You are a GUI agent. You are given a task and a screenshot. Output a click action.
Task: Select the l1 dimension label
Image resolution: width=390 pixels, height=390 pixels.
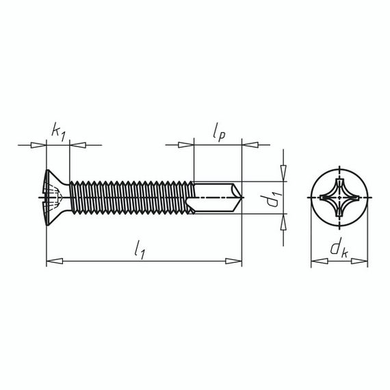[140, 250]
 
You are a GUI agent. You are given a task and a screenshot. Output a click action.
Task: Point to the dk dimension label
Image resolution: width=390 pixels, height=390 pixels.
[339, 250]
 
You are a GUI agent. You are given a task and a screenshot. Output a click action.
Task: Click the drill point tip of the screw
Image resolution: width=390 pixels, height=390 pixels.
[242, 198]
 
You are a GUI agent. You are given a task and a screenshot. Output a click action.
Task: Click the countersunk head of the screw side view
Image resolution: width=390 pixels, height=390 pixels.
[57, 198]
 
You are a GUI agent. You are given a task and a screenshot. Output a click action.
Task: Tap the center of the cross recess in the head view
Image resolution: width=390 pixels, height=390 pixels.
[340, 198]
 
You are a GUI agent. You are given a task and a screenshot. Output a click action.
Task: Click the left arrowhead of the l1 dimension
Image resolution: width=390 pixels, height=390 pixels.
[54, 261]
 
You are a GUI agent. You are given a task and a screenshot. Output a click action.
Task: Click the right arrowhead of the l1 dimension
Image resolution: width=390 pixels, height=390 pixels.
[233, 261]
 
